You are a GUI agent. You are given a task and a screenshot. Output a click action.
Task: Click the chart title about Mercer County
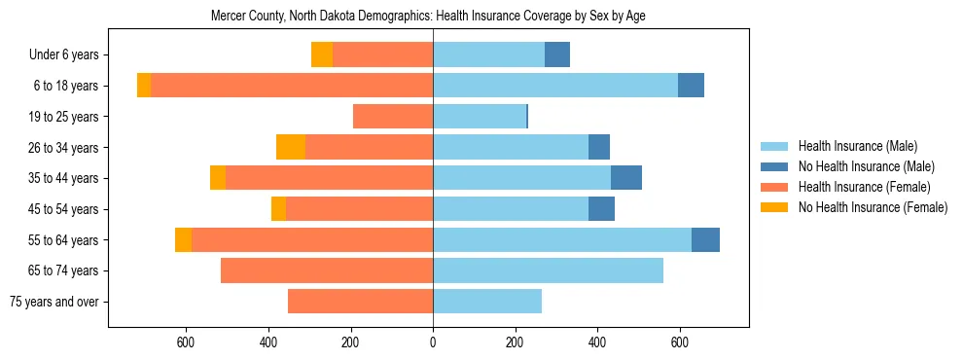(x=428, y=17)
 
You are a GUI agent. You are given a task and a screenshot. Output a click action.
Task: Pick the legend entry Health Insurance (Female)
(x=864, y=187)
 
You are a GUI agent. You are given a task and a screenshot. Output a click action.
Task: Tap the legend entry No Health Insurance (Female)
(x=873, y=207)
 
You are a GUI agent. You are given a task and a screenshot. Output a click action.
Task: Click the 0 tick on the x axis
(x=433, y=342)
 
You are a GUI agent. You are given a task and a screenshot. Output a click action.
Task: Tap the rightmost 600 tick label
(x=680, y=342)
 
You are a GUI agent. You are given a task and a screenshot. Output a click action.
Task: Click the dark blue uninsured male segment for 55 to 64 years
(x=705, y=239)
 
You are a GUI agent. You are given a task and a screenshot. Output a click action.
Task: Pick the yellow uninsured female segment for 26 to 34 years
(x=291, y=147)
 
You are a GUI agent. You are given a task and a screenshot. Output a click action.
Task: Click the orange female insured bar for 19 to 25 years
(x=393, y=117)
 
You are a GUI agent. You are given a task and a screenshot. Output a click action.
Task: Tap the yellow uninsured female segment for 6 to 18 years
(x=144, y=86)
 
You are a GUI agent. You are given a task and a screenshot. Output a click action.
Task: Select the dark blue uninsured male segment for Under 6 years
(x=557, y=55)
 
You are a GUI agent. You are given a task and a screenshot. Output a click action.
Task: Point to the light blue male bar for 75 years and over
(x=487, y=302)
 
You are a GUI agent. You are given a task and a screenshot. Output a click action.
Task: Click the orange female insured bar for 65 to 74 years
(x=327, y=270)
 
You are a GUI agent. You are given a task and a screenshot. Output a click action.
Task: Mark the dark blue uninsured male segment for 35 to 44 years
(x=626, y=178)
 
